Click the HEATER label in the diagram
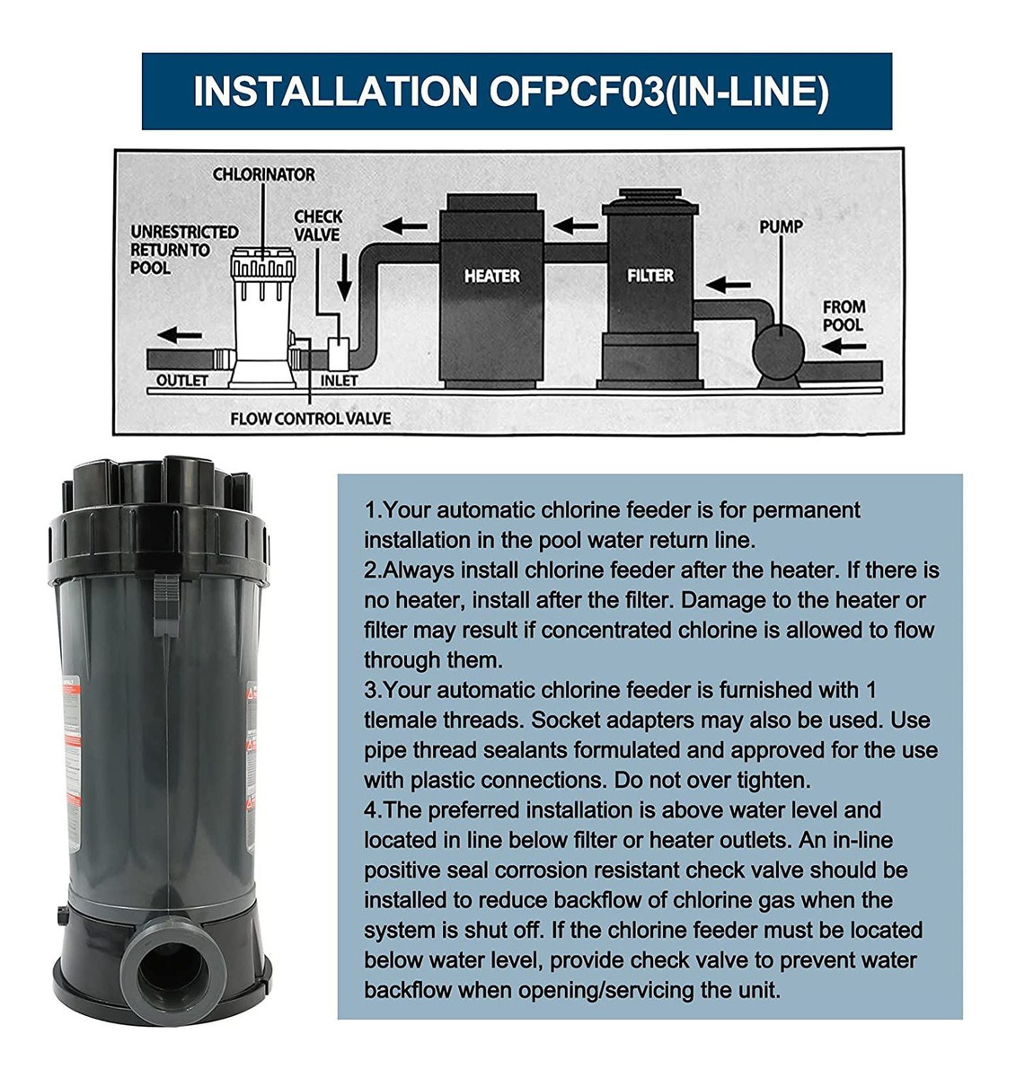pos(491,276)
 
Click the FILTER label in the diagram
pos(650,275)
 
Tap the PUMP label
pos(781,226)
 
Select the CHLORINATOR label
pos(263,174)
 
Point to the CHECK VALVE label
pos(318,225)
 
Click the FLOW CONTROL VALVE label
pos(310,419)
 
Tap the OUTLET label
pos(182,380)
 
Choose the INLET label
pos(339,381)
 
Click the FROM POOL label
pos(844,316)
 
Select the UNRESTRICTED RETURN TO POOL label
pos(184,250)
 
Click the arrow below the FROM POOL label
pos(844,346)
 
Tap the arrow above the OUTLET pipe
pos(180,335)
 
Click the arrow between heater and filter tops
pos(576,225)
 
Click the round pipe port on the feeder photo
pos(172,967)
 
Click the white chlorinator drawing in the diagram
pos(263,317)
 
